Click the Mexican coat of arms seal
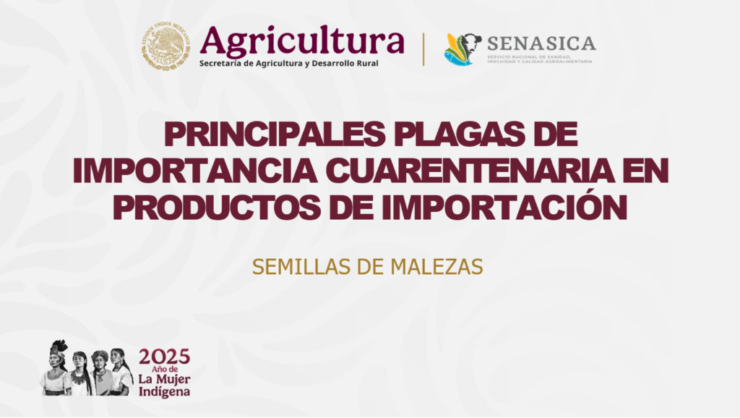[x=166, y=46]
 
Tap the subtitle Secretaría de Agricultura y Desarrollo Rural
[x=288, y=64]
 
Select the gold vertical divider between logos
[x=423, y=49]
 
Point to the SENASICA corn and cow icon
[x=462, y=49]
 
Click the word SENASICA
[x=541, y=43]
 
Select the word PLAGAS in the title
[x=457, y=134]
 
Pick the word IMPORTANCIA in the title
[x=195, y=171]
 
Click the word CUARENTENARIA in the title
[x=470, y=171]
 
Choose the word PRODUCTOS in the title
[x=217, y=208]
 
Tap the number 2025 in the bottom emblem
[x=164, y=357]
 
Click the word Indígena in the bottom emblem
[x=164, y=391]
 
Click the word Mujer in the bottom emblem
[x=173, y=379]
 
